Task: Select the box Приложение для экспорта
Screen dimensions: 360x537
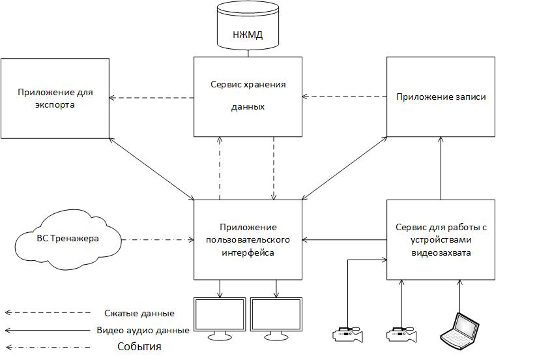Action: (x=55, y=98)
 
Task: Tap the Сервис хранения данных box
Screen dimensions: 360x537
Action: (x=248, y=97)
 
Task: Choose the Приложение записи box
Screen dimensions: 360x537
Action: (x=441, y=97)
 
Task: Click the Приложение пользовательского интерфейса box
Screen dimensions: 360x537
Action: (x=248, y=240)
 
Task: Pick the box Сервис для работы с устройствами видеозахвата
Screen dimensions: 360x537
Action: (x=441, y=240)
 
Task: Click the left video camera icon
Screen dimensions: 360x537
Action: (x=347, y=334)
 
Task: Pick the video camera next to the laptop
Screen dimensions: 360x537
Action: (x=401, y=334)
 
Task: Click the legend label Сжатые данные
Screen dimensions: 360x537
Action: (x=139, y=313)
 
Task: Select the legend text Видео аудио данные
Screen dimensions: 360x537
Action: (x=143, y=330)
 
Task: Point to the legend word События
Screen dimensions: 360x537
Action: (x=139, y=346)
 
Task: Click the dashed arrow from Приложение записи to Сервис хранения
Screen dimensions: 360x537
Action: (x=345, y=97)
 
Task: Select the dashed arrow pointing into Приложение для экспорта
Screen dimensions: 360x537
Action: (x=151, y=98)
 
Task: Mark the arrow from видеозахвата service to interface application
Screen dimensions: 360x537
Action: (x=345, y=240)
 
